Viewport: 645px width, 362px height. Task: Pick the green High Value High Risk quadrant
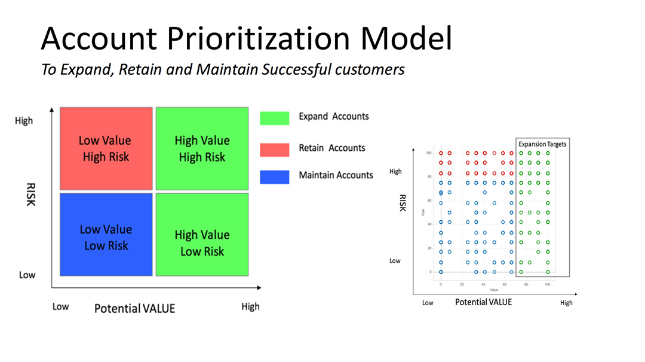(x=202, y=148)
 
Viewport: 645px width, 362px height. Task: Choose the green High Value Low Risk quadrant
(x=202, y=235)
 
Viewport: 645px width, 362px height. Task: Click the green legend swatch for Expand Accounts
(x=274, y=118)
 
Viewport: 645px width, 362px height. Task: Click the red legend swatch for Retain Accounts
(x=274, y=150)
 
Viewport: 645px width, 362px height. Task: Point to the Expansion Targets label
(x=542, y=144)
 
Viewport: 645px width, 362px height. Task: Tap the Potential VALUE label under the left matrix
(x=134, y=308)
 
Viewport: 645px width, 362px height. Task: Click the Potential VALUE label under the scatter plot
(x=483, y=302)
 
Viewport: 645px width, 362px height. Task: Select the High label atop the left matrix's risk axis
(x=24, y=121)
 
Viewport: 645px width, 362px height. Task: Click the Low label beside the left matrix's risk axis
(x=27, y=275)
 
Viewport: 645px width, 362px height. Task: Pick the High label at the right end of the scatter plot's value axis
(x=566, y=303)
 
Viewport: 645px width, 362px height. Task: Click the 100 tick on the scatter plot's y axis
(x=428, y=153)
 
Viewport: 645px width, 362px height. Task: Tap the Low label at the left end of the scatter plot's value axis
(x=428, y=303)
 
